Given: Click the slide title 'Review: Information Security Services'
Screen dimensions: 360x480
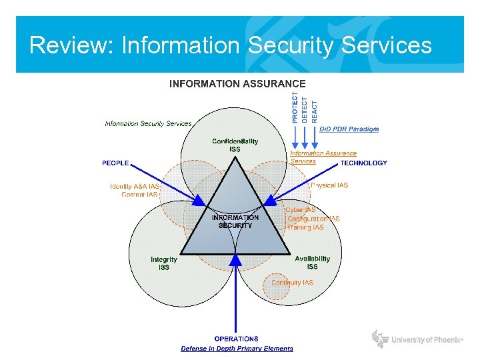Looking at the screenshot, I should tap(231, 45).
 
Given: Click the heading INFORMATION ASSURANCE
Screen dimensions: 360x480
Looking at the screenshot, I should tap(237, 84).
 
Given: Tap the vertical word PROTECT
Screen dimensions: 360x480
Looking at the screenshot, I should tap(296, 107).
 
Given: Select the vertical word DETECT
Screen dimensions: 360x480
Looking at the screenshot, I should tap(305, 107).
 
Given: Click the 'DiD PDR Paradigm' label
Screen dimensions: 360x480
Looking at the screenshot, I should tap(349, 129).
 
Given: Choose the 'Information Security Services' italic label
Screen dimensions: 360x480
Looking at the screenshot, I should tap(148, 123).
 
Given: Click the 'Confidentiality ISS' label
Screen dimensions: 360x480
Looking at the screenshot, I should tap(235, 145).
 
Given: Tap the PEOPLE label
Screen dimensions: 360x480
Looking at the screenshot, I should tap(115, 163).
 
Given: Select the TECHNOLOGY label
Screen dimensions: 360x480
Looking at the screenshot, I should tap(363, 163).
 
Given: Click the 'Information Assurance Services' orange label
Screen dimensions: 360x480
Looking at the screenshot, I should tap(323, 157).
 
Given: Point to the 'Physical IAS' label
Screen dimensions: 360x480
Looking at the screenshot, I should tap(329, 185).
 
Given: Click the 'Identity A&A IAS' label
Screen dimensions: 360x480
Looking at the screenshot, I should tap(135, 187).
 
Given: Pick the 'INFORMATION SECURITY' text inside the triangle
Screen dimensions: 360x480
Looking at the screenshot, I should tap(235, 221).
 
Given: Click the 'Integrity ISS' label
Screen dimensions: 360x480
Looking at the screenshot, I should tap(164, 263).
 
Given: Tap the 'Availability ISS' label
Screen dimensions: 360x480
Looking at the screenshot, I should tap(312, 263).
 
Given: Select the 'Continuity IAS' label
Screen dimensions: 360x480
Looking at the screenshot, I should tap(292, 283).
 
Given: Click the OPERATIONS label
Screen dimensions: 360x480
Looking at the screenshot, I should tap(237, 339).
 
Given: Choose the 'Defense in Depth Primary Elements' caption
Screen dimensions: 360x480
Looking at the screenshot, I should tap(237, 349).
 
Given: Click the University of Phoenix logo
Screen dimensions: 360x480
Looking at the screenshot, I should tap(418, 339).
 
